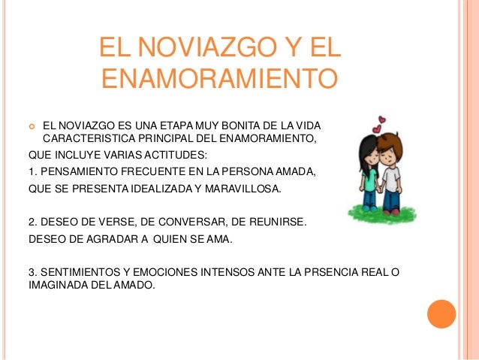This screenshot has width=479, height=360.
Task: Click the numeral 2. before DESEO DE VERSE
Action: tap(32, 225)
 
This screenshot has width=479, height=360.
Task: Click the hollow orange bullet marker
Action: tap(31, 125)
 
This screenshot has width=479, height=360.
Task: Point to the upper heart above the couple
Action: tap(383, 118)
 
